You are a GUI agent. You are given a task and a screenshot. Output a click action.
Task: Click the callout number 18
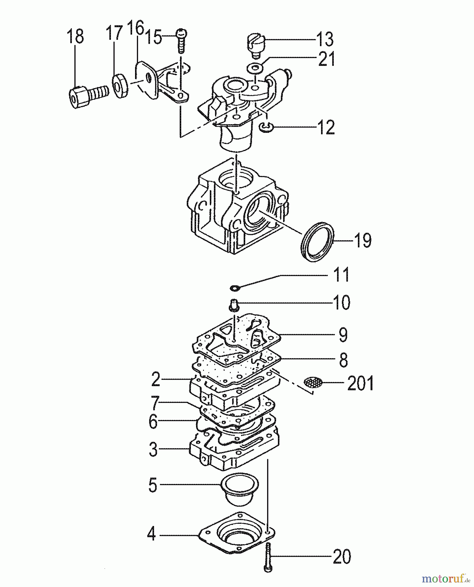pos(75,36)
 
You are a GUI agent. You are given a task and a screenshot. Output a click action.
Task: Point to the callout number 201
pos(360,383)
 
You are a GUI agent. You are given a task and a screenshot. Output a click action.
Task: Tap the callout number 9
pos(343,335)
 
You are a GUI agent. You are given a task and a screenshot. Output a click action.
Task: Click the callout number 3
pos(153,449)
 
